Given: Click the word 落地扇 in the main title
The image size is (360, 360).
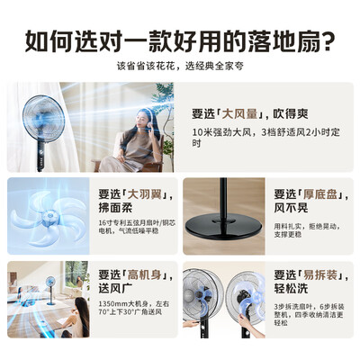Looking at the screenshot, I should coord(285,40).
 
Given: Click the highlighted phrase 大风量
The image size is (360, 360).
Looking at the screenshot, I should coord(242,114).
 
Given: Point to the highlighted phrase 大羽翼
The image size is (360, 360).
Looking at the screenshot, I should coord(136,193).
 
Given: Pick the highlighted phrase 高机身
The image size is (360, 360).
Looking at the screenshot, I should coord(136,274).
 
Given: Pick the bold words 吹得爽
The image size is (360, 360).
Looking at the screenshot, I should coord(291,114).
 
